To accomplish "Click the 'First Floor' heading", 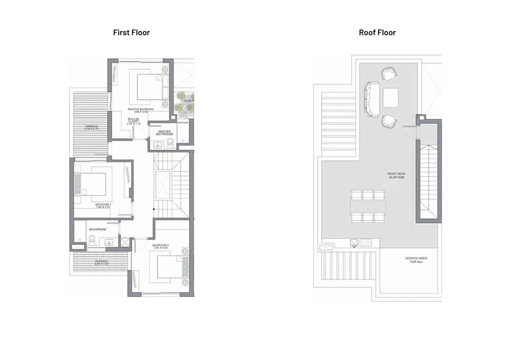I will pos(131,33).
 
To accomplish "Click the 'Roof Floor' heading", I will pos(377,33).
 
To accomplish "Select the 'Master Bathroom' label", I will pos(164,133).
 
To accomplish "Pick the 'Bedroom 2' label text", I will pos(160,246).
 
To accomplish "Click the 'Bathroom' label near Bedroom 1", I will pos(97,230).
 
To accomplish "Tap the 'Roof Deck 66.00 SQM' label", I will pos(397,176).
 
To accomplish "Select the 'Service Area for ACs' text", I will pos(416,260).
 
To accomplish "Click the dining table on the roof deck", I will pos(368,206).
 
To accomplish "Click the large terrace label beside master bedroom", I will pos(91,127).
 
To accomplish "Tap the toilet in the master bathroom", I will pos(170,142).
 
